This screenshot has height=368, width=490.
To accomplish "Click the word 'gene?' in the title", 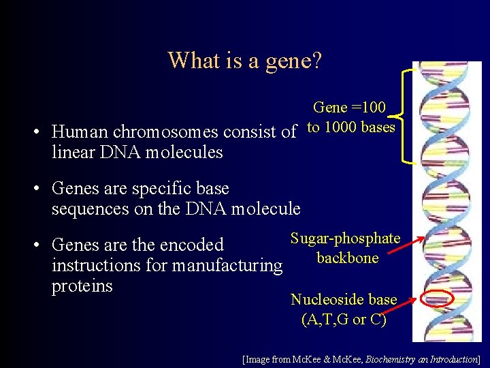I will click(291, 61).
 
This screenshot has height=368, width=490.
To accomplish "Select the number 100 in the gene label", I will click(374, 108).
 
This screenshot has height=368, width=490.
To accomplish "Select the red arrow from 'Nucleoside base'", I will click(410, 300).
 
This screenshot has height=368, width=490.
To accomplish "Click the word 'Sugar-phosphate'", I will click(345, 239).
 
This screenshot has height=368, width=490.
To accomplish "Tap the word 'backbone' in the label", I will click(347, 258).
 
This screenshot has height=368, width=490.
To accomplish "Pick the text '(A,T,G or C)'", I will click(344, 319).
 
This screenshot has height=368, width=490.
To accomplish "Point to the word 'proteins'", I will click(82, 286).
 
